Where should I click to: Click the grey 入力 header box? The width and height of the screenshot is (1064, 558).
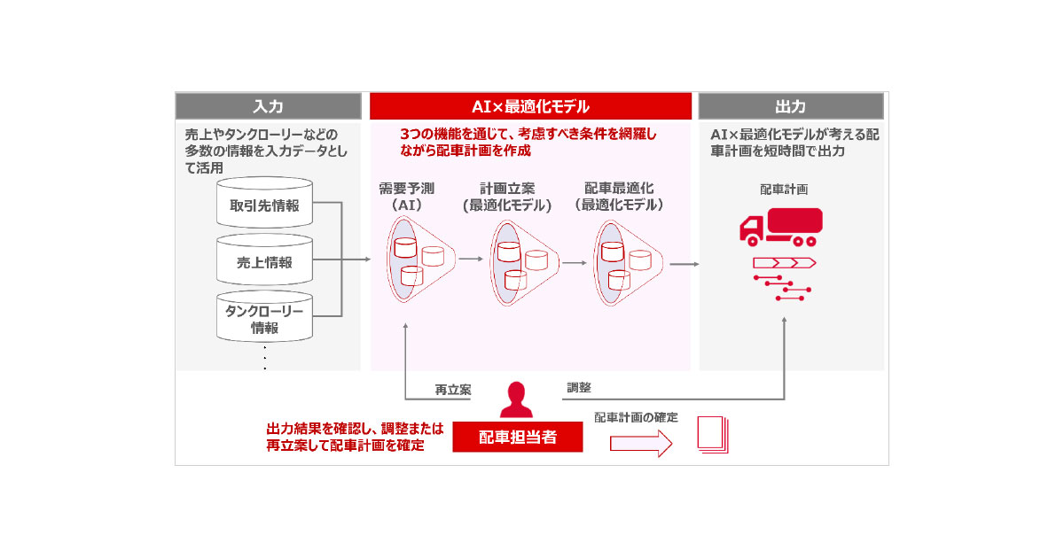[x=267, y=106]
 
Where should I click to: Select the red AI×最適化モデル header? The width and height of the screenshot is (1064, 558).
[x=530, y=106]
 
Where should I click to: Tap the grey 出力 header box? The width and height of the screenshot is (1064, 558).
[x=790, y=106]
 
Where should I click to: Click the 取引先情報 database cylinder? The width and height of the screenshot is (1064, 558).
[x=265, y=205]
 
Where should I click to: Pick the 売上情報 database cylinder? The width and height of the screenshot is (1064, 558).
[x=265, y=261]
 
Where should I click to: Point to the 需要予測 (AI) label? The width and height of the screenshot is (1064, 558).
[x=405, y=197]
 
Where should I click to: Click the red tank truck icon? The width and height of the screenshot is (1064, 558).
[x=780, y=227]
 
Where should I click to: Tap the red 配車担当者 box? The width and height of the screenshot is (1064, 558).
[x=518, y=437]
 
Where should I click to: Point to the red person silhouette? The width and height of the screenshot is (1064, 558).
[x=517, y=400]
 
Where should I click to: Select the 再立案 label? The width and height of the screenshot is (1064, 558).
[x=452, y=390]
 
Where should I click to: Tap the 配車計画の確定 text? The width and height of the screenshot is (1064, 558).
[x=636, y=417]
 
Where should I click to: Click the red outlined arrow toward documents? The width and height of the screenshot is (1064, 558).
[x=641, y=445]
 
